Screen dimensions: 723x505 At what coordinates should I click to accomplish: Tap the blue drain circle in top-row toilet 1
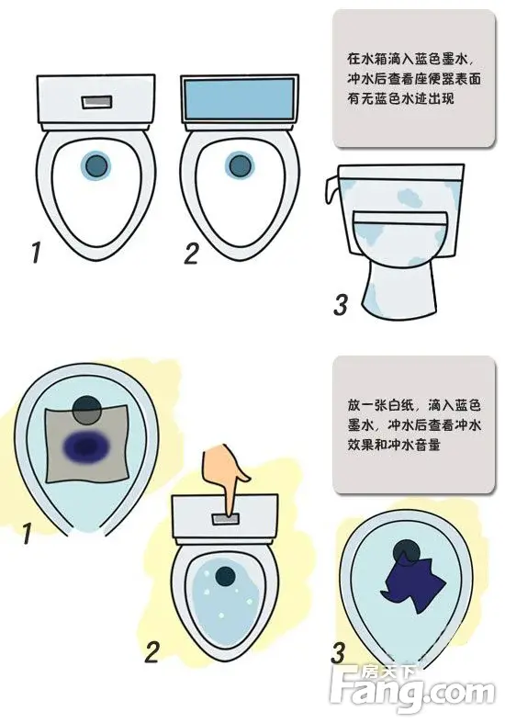pyautogui.click(x=94, y=165)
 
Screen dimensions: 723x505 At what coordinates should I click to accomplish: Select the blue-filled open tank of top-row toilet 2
pyautogui.click(x=240, y=98)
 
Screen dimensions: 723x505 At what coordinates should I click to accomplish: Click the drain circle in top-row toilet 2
pyautogui.click(x=240, y=165)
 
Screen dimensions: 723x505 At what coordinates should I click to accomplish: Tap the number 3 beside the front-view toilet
pyautogui.click(x=341, y=304)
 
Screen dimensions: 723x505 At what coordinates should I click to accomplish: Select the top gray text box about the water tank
pyautogui.click(x=409, y=79)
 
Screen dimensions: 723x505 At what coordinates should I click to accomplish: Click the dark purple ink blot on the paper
pyautogui.click(x=89, y=447)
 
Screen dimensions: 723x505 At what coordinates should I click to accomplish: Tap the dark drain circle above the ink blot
pyautogui.click(x=86, y=407)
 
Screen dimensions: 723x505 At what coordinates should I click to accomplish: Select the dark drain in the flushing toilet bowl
pyautogui.click(x=224, y=577)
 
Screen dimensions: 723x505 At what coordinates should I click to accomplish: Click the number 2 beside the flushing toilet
pyautogui.click(x=152, y=652)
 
